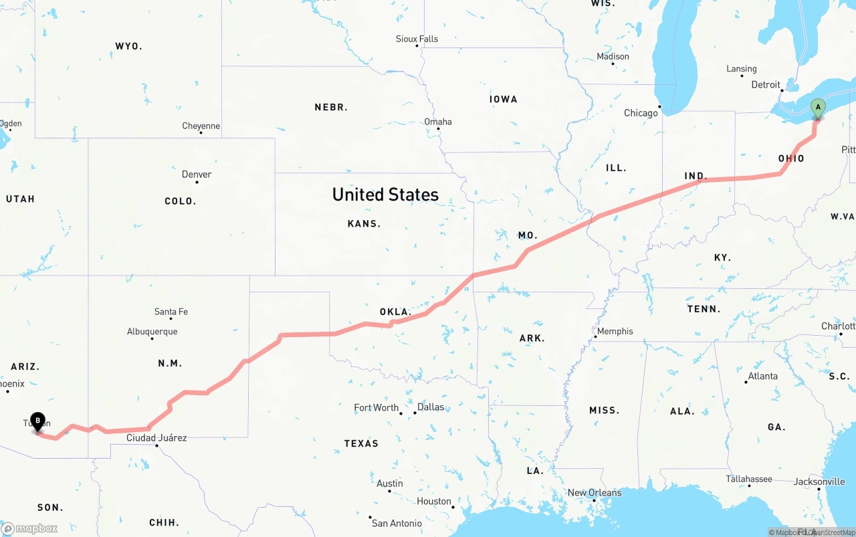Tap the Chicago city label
click(641, 113)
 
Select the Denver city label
click(197, 175)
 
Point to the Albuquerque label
click(152, 332)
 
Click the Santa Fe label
click(171, 312)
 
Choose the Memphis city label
click(615, 332)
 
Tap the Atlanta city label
click(762, 377)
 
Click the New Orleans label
click(595, 493)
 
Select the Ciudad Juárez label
click(156, 438)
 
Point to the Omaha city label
click(438, 122)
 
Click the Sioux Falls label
click(417, 39)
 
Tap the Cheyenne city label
click(201, 126)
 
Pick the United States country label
click(385, 195)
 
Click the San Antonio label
click(397, 523)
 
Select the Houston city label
click(433, 502)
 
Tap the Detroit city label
click(766, 85)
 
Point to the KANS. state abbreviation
click(364, 224)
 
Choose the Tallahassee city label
click(749, 479)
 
